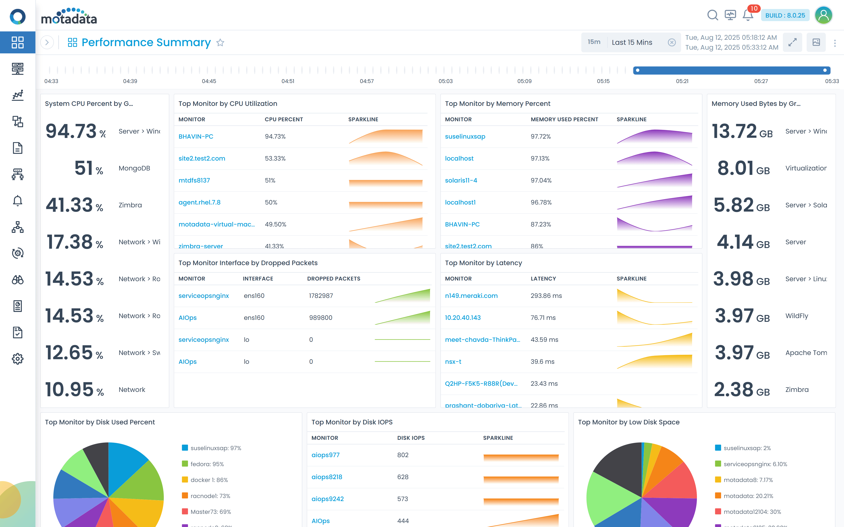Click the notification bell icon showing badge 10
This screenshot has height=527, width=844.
[x=747, y=15]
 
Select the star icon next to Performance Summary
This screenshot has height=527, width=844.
[x=220, y=43]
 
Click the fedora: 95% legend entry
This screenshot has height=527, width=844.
[x=207, y=464]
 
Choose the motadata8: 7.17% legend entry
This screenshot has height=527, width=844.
[x=748, y=480]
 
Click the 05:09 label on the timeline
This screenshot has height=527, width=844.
[x=524, y=81]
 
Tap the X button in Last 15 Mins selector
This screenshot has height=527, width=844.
[x=672, y=43]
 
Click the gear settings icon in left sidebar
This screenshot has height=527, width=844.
[x=17, y=359]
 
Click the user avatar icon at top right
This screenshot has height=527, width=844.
[x=823, y=15]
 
